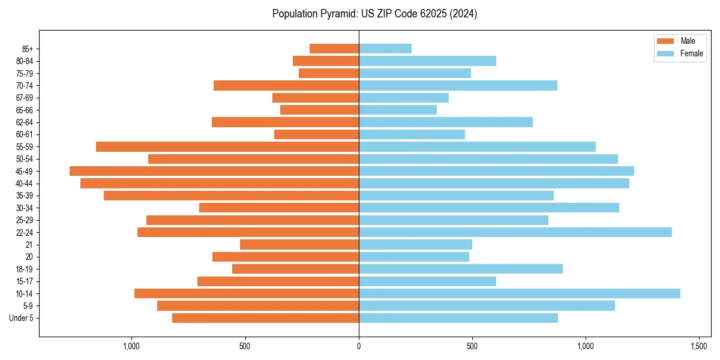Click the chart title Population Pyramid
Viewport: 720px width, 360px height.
tap(374, 14)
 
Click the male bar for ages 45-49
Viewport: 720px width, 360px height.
tap(214, 171)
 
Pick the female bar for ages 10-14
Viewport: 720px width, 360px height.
tap(519, 293)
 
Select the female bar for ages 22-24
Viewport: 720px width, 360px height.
tap(515, 232)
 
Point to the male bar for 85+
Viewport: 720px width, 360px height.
tap(334, 49)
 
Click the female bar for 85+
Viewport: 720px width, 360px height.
tap(385, 49)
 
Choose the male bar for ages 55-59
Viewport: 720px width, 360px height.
tap(227, 146)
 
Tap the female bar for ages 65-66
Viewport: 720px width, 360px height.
tap(398, 110)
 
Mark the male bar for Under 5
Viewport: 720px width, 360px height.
tap(265, 318)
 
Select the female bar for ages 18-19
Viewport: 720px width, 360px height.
tap(460, 269)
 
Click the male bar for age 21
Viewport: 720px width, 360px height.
tap(299, 244)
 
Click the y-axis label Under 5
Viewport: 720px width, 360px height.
tap(21, 318)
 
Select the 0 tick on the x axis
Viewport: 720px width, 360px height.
tap(359, 346)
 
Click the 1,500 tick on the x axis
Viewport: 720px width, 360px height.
tap(699, 346)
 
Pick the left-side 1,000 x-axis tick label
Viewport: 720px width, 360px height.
tap(131, 346)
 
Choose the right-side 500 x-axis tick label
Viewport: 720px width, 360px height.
tap(472, 346)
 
